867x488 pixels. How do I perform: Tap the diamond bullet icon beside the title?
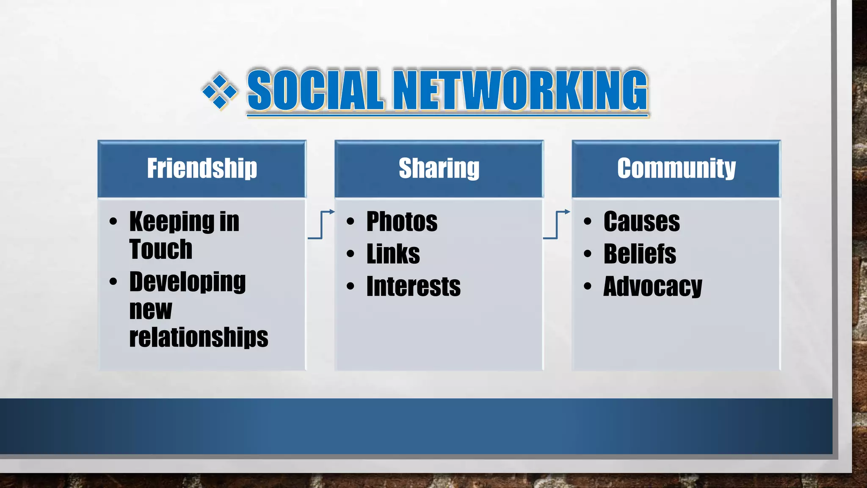(219, 91)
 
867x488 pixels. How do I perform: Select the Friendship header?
(202, 168)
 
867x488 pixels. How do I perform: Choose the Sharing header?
(439, 168)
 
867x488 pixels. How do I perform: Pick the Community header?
(676, 168)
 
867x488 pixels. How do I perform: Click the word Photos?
(402, 222)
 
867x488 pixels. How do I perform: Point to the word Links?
(393, 254)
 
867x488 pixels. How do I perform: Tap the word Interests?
(413, 287)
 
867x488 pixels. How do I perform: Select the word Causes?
(641, 222)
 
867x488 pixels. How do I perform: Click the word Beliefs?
(640, 254)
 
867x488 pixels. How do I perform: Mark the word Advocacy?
(652, 287)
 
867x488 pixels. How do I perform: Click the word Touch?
(161, 249)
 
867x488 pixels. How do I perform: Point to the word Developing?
(187, 282)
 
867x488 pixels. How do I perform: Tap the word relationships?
(199, 338)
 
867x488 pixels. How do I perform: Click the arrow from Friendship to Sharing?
(321, 225)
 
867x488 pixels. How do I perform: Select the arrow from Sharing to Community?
(557, 225)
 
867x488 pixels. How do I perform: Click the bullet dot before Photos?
(350, 221)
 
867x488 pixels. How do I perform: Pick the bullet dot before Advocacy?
(587, 286)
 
